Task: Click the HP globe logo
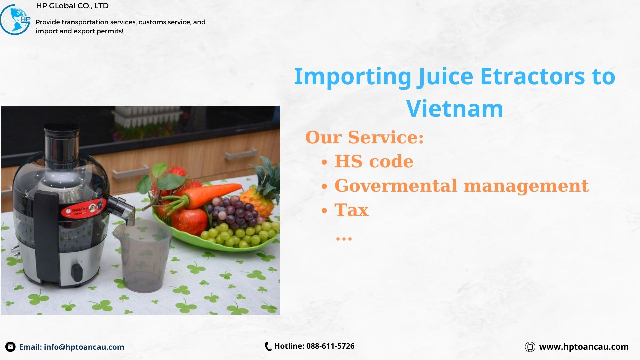point(15,20)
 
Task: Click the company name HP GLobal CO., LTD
point(72,6)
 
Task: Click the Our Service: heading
point(364,137)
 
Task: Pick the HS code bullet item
point(374,161)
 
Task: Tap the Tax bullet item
point(351,210)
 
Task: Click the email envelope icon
point(10,347)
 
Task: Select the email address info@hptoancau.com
point(84,347)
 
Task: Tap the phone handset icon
point(268,347)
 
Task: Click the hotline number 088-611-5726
point(330,346)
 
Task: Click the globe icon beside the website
point(530,347)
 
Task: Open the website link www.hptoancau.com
point(584,347)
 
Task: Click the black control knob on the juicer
point(77,272)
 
